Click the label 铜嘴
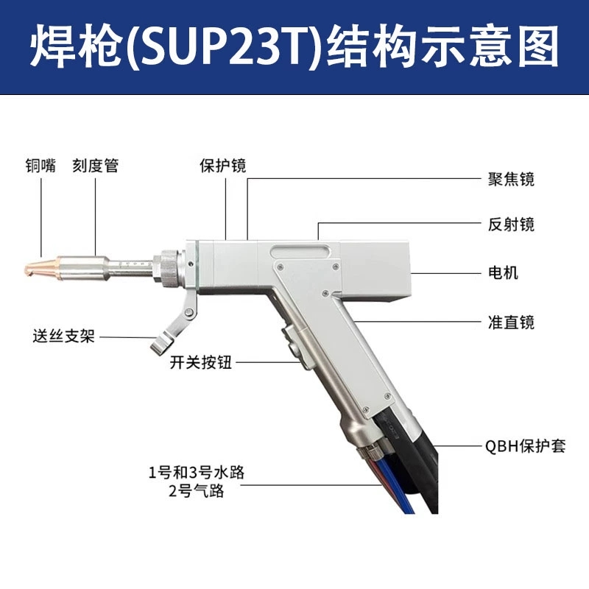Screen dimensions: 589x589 [x=40, y=166]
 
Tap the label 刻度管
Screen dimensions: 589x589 [x=96, y=166]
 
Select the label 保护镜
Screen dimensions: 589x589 [x=223, y=166]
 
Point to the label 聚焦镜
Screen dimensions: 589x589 [x=511, y=180]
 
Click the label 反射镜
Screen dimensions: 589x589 [x=511, y=225]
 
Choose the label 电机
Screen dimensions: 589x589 [x=503, y=272]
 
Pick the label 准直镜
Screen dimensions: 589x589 [x=511, y=322]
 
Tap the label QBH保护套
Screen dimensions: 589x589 [x=525, y=446]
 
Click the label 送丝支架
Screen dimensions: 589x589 [x=64, y=336]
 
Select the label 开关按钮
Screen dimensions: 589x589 [x=201, y=362]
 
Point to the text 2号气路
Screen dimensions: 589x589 [x=196, y=491]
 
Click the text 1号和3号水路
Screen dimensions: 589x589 [x=196, y=472]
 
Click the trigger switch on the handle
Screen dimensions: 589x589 [x=291, y=342]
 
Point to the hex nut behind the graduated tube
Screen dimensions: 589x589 [x=166, y=267]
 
